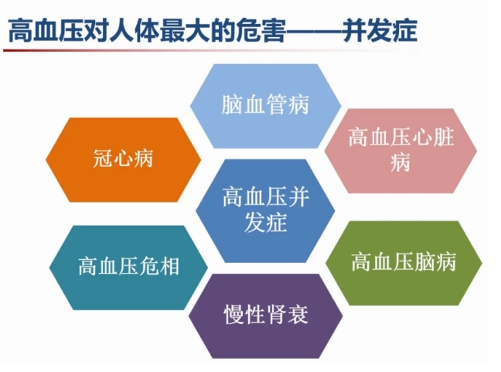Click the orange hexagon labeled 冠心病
[x=124, y=159]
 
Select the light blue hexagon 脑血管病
[x=265, y=106]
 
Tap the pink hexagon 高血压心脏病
[x=400, y=151]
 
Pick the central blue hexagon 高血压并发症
[x=265, y=210]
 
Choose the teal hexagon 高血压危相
[x=128, y=268]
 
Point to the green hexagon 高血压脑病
[x=404, y=263]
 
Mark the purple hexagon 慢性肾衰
[x=266, y=316]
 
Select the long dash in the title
[x=313, y=31]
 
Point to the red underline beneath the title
[x=211, y=50]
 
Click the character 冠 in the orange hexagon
[x=103, y=159]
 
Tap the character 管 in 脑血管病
[x=277, y=104]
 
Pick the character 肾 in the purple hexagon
[x=277, y=315]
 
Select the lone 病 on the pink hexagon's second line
[x=400, y=162]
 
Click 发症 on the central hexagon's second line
[x=265, y=222]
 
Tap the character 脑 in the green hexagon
[x=424, y=261]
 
